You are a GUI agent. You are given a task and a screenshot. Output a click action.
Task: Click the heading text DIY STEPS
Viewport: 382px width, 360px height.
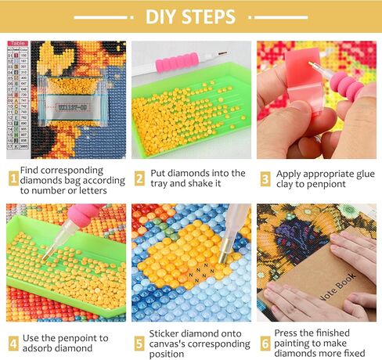coord(190,16)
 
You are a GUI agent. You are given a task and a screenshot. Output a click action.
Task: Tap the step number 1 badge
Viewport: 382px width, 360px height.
coord(13,178)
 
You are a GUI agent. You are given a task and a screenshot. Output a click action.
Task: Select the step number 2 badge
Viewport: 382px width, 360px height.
coord(139,178)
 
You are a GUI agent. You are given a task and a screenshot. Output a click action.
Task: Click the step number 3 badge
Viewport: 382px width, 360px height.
coord(265,178)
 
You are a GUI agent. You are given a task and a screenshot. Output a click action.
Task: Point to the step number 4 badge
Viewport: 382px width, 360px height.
coord(13,342)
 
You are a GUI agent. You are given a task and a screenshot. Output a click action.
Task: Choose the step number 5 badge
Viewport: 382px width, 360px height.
coord(139,342)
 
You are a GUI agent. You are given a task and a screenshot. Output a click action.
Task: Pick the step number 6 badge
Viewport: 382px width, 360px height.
coord(265,342)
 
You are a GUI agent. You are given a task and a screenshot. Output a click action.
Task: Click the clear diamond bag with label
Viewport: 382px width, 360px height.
coord(70,100)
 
